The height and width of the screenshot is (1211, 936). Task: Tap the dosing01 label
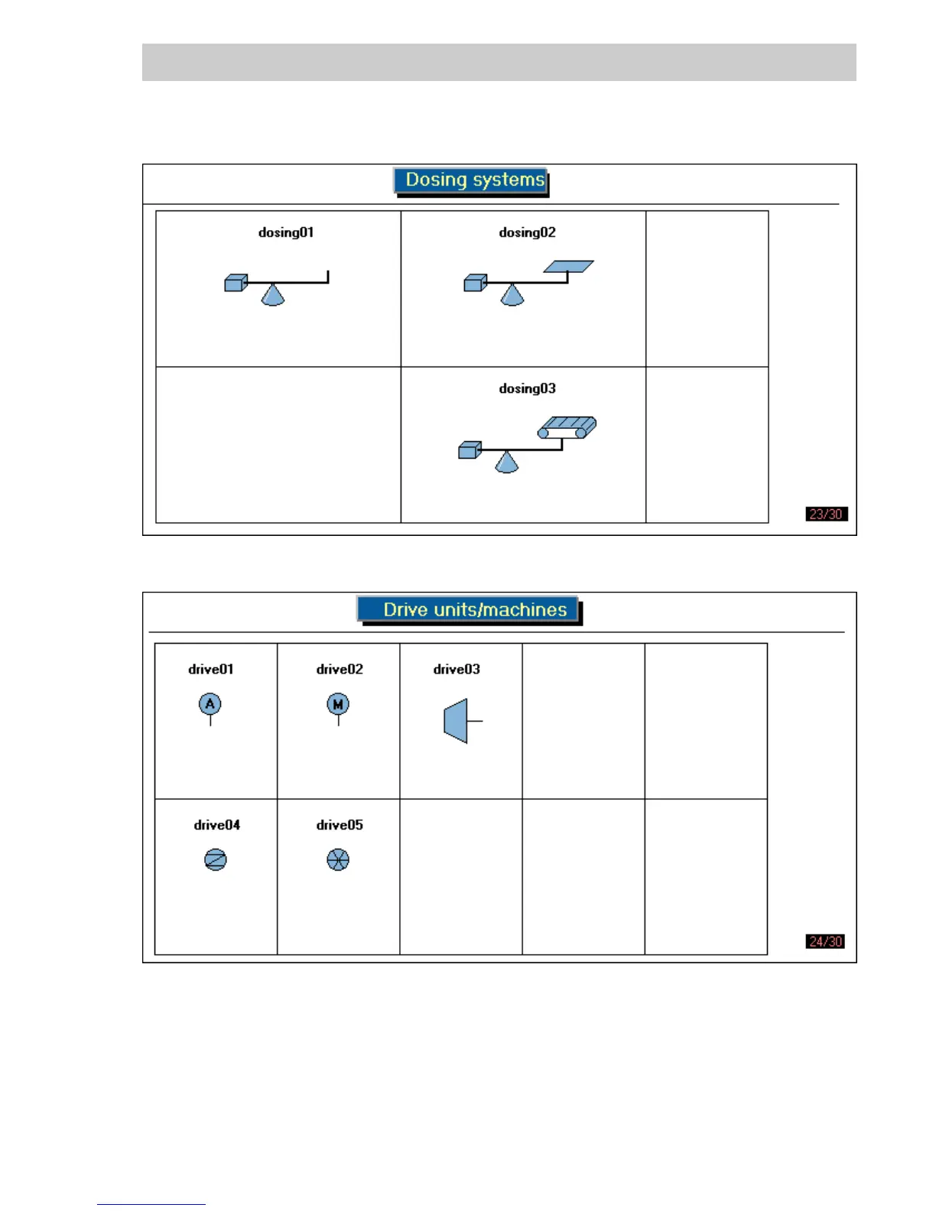pos(286,232)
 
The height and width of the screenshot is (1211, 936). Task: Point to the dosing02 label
pos(527,232)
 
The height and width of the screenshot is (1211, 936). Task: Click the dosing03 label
pos(527,388)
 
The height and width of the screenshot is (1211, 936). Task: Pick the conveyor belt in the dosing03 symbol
pos(567,427)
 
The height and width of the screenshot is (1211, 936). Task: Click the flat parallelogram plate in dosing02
pos(568,266)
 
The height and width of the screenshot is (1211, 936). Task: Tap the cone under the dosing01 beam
pos(273,296)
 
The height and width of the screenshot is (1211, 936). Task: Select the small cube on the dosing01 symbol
pos(236,283)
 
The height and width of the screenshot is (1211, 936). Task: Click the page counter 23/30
pos(826,514)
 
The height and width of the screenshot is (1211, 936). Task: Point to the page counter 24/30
pos(826,941)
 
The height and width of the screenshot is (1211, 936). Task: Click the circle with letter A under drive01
pos(210,704)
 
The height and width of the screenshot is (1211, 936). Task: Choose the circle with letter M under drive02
pos(338,704)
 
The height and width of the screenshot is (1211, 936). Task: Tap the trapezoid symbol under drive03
pos(457,721)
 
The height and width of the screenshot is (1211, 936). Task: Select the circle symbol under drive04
pos(216,860)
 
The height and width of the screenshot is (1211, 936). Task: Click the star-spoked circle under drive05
pos(338,860)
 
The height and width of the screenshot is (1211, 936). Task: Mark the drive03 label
pos(457,669)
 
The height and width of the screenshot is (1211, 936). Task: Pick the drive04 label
pos(216,825)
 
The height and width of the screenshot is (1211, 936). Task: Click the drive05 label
pos(340,825)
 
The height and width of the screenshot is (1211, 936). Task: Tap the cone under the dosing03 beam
pos(507,463)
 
